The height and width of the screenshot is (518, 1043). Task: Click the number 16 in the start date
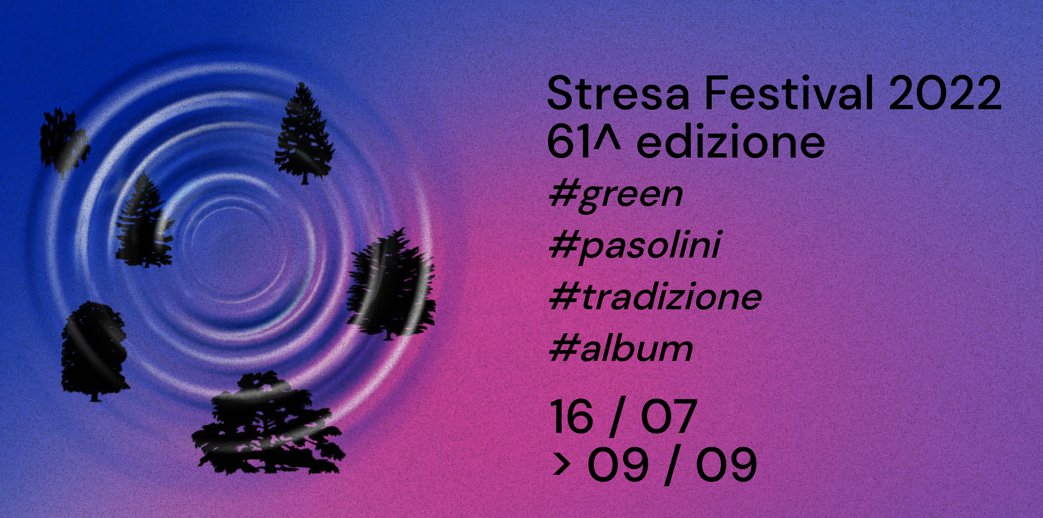(571, 417)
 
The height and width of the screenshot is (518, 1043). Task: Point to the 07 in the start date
(669, 417)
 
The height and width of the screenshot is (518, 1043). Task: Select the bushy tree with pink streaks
(391, 285)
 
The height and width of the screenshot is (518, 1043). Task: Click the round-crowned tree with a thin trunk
(94, 350)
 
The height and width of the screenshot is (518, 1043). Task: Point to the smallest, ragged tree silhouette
(63, 140)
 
